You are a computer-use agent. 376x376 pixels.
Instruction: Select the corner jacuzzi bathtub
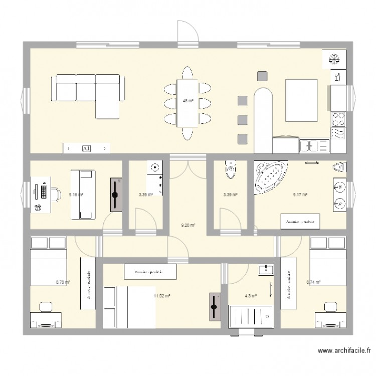[x=271, y=176]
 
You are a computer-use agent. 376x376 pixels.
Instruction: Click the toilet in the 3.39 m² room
[x=230, y=169]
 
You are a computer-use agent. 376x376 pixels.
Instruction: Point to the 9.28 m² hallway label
[x=188, y=225]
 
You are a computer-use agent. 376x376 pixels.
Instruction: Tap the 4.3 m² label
[x=251, y=296]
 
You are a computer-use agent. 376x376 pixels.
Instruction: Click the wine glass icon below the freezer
[x=337, y=77]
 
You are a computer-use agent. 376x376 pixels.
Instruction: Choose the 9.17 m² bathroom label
[x=300, y=195]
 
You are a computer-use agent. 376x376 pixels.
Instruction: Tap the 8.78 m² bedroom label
[x=63, y=282]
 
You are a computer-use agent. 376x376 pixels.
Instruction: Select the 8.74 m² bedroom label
[x=313, y=282]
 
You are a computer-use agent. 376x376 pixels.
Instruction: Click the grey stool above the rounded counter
[x=262, y=76]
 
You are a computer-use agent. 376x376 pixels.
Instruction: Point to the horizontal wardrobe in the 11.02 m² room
[x=150, y=271]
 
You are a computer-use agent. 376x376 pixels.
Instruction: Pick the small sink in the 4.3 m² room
[x=265, y=270]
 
